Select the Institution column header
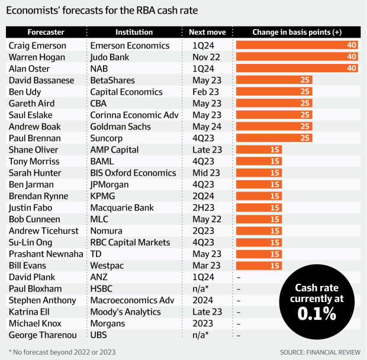(134, 32)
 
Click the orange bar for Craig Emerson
(297, 45)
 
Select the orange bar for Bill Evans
(259, 265)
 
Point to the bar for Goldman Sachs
(274, 126)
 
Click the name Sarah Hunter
(33, 173)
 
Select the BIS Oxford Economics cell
(133, 173)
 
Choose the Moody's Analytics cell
(125, 312)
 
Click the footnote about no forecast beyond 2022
(64, 351)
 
